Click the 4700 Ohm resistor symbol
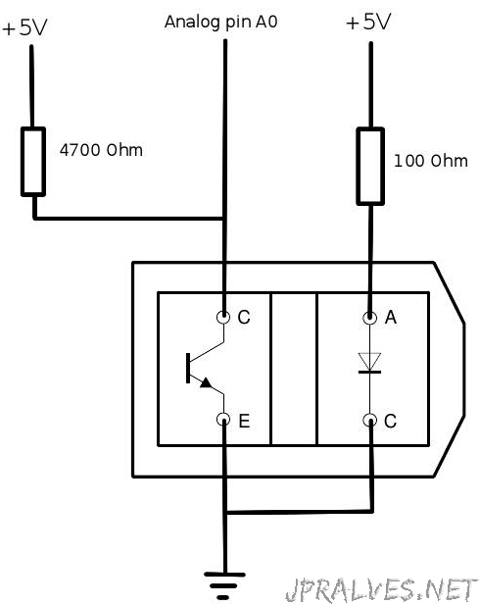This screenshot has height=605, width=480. tap(33, 162)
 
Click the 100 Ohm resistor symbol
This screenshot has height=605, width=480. tap(370, 166)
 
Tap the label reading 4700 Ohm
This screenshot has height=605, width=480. tap(101, 150)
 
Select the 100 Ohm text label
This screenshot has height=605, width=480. tap(431, 161)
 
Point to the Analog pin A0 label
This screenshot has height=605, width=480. tap(221, 22)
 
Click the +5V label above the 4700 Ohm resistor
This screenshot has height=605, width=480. tap(24, 27)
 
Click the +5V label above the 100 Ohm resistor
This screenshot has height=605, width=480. tap(368, 22)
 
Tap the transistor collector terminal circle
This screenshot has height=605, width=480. tap(223, 317)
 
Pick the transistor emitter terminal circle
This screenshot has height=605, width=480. tap(223, 420)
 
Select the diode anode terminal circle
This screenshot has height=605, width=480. tap(369, 318)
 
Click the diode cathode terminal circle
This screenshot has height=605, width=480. tap(369, 420)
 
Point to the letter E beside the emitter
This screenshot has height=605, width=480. tap(244, 421)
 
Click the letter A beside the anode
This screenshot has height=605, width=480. tap(391, 317)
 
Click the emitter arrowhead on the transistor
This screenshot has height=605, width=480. tap(206, 382)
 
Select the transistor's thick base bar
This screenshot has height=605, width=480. tap(188, 368)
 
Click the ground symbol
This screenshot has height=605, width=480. tap(224, 585)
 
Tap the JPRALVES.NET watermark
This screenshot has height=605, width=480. tap(382, 590)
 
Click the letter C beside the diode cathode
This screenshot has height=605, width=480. tap(390, 421)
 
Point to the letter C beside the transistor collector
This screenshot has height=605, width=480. tap(244, 317)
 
